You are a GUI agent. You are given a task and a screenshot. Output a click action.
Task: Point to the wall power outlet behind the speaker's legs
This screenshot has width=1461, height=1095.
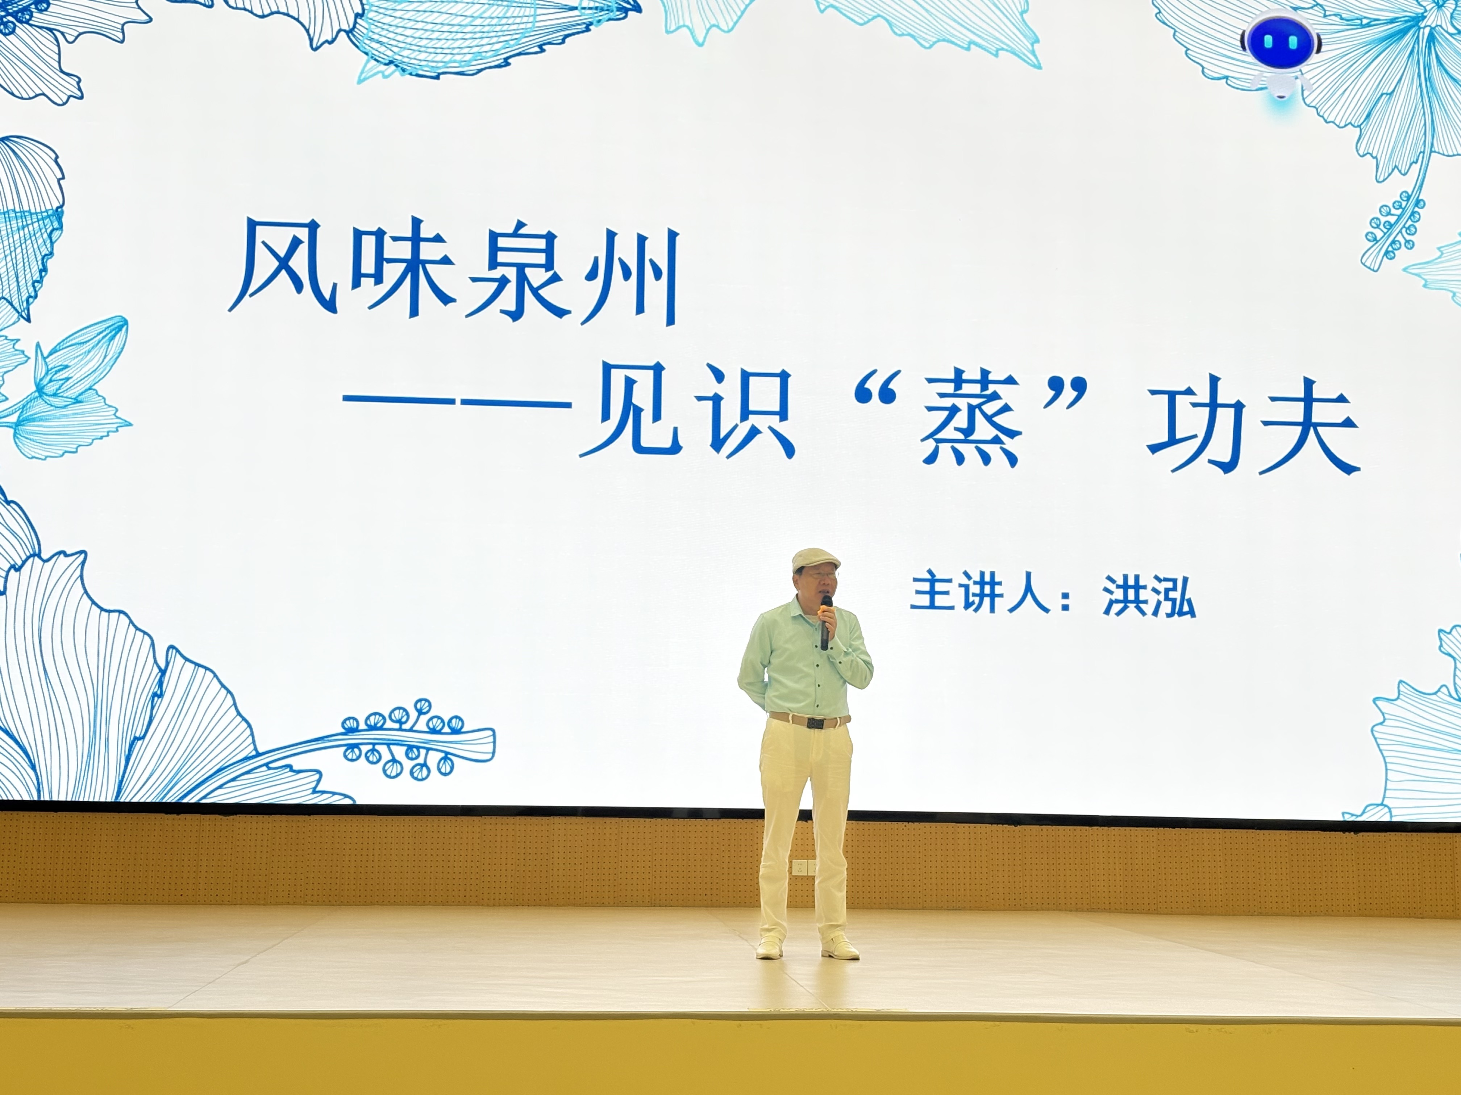[x=803, y=867]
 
